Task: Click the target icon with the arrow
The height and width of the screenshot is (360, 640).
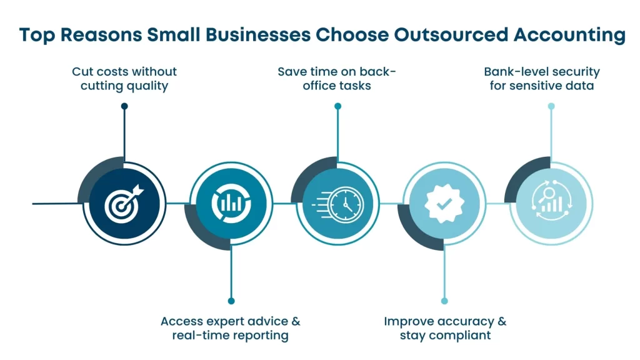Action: click(124, 204)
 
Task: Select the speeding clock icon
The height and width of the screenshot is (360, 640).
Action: click(337, 204)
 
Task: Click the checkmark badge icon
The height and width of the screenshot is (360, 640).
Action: click(444, 204)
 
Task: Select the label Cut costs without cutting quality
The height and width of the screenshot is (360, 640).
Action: click(124, 79)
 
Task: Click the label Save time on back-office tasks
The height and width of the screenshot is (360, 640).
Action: click(337, 79)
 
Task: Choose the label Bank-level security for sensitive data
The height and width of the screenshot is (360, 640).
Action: click(542, 79)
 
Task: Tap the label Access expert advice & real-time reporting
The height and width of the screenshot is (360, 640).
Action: click(231, 328)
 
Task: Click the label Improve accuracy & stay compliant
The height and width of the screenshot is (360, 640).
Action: click(445, 328)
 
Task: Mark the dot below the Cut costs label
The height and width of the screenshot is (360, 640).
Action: click(124, 106)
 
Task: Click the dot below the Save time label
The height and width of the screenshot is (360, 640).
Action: click(337, 106)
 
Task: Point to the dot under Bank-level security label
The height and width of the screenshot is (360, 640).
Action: click(551, 106)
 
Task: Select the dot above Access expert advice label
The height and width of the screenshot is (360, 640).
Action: click(231, 301)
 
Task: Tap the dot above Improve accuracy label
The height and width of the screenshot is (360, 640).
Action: click(444, 301)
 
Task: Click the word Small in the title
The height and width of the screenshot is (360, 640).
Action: click(178, 35)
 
